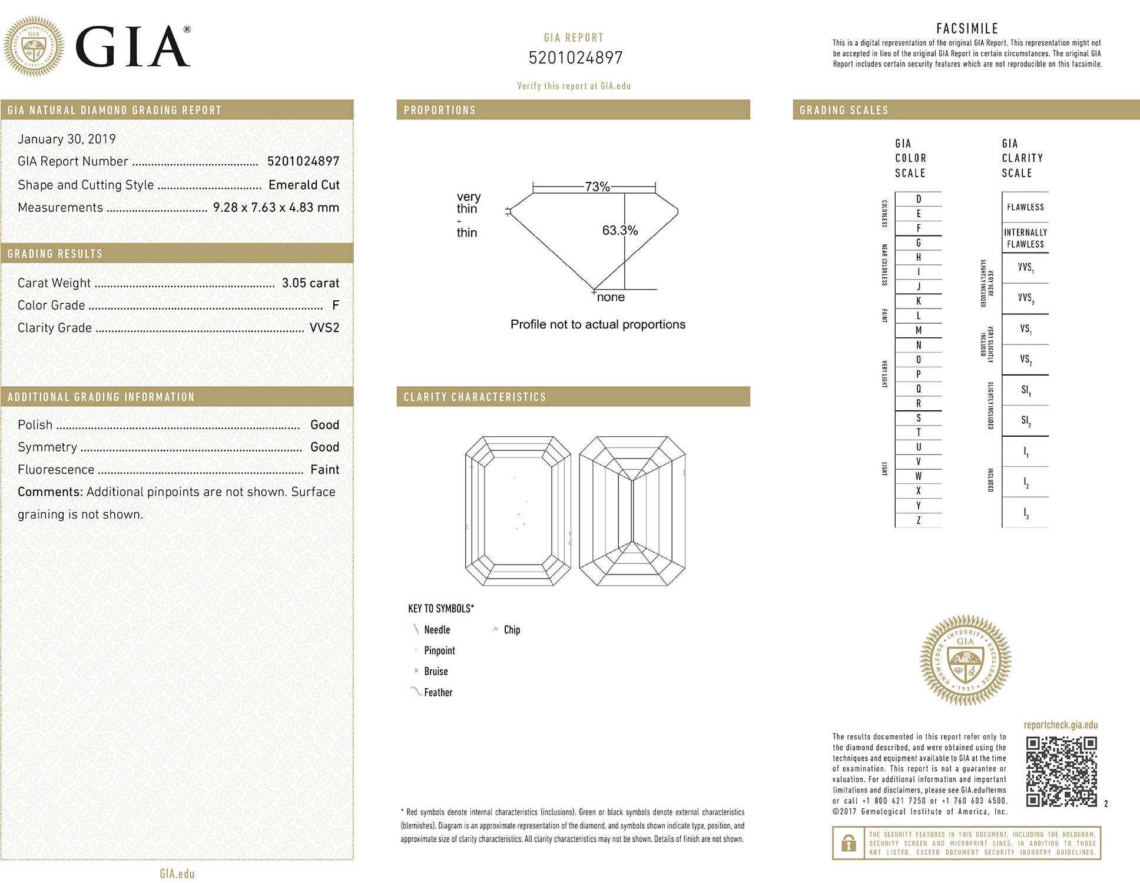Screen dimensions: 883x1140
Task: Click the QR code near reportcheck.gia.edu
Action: [1062, 771]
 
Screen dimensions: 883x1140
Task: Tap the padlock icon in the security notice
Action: [849, 844]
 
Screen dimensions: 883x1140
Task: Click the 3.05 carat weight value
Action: [310, 283]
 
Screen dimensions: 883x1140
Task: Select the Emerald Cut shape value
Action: [304, 185]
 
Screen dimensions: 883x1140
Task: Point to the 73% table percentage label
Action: [597, 187]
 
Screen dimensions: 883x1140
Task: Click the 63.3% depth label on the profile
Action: [619, 231]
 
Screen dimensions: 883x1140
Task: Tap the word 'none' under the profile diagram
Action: [611, 298]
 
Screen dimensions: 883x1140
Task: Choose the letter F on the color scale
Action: [918, 228]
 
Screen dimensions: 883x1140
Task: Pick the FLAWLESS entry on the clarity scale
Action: [1025, 207]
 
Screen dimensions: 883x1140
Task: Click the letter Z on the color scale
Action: [918, 520]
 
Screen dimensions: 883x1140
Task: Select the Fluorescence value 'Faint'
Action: [324, 470]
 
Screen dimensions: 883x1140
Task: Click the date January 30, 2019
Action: [67, 139]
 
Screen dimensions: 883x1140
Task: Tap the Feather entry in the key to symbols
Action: [438, 693]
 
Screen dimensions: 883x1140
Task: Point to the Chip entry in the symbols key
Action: [511, 630]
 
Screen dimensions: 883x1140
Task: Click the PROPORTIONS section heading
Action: [439, 110]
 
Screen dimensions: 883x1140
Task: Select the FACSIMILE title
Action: [967, 28]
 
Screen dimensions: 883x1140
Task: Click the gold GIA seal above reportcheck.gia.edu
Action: [965, 660]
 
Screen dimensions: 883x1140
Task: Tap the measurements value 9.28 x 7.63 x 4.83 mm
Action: [276, 208]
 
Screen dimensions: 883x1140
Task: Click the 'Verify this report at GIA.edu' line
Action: [574, 86]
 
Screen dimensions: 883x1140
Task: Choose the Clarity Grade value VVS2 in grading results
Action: [324, 328]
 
